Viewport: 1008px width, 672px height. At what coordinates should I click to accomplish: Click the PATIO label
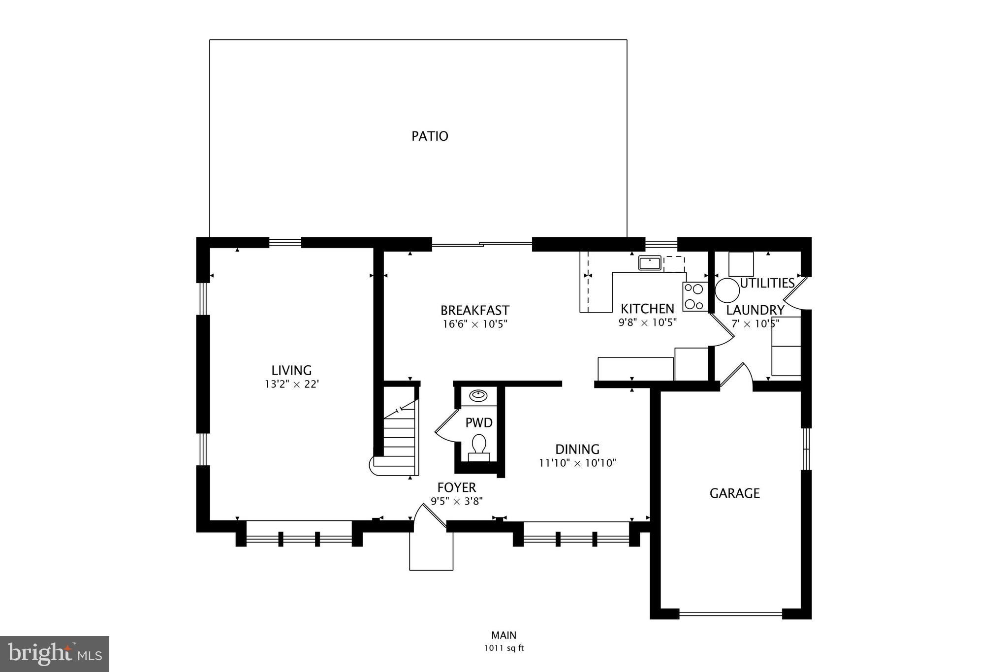point(430,136)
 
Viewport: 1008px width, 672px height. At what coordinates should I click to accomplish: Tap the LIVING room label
point(291,370)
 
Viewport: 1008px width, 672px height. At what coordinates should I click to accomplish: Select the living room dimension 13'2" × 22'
point(291,384)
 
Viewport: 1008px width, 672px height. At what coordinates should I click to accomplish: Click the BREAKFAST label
point(474,310)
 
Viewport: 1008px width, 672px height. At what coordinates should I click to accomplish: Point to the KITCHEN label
point(647,309)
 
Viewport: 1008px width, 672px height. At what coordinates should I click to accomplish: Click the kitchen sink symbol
point(650,263)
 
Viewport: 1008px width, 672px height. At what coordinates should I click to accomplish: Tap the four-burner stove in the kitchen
point(694,297)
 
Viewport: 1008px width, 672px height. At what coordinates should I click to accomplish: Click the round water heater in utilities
point(727,290)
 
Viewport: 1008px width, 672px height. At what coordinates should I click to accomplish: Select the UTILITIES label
point(767,283)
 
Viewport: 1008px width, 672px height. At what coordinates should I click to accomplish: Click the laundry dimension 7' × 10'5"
point(755,324)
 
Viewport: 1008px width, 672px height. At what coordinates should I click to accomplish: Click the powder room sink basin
point(478,395)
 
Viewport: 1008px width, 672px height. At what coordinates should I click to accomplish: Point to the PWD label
point(479,422)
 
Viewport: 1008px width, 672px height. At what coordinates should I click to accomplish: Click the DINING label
point(577,449)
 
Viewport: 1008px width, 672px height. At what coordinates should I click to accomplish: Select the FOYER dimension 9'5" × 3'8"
point(457,501)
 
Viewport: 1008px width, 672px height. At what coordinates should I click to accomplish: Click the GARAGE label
point(734,493)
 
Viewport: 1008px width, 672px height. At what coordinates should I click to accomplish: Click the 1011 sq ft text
point(504,648)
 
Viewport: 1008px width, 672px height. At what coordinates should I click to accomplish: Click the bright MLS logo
point(55,654)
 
